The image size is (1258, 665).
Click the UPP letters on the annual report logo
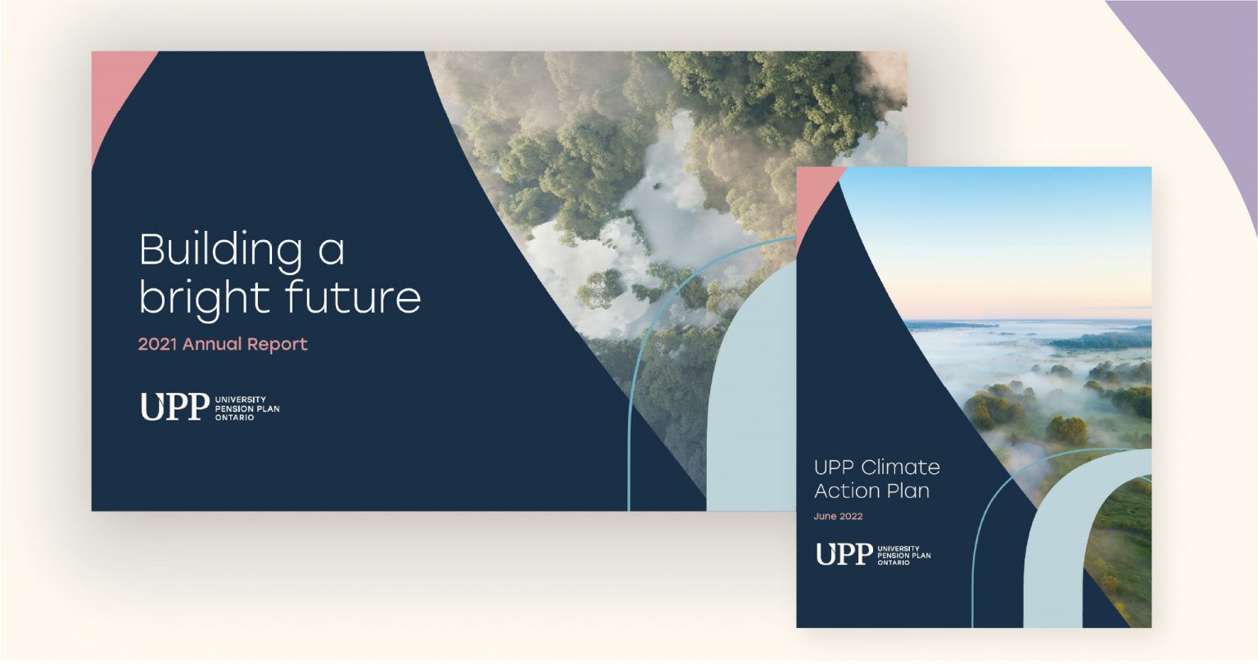[174, 406]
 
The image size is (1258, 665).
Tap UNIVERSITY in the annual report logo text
[240, 400]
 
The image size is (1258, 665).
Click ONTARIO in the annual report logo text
[235, 418]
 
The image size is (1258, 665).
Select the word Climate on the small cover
[900, 468]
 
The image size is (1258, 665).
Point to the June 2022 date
[838, 516]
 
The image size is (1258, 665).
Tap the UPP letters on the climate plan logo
[844, 554]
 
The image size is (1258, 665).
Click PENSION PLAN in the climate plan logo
[904, 555]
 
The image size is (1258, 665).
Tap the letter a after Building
[332, 252]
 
